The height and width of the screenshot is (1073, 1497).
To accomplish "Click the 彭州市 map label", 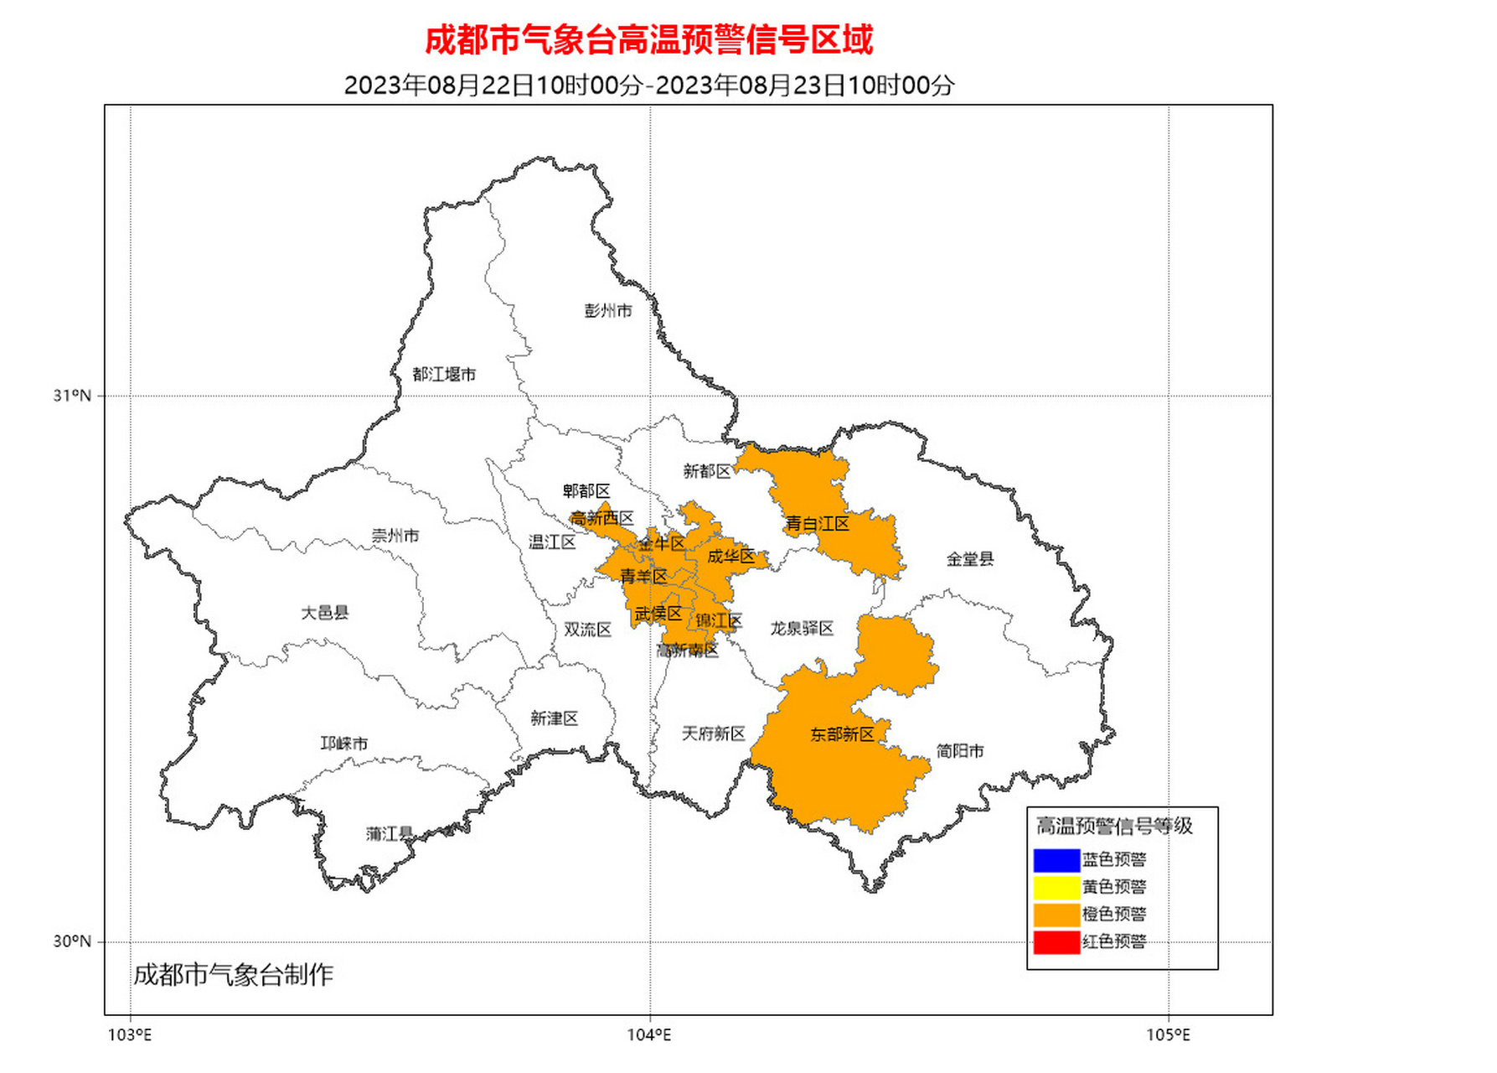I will click(607, 311).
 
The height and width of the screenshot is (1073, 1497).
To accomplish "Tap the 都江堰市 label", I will click(443, 375).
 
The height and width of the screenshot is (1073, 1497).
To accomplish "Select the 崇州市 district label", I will click(395, 536).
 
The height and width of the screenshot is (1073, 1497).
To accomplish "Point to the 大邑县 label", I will click(324, 613).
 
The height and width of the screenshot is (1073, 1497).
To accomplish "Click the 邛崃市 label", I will click(343, 744).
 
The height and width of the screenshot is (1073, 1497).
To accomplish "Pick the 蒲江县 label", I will click(390, 833).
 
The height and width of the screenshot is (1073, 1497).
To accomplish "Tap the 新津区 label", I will click(554, 718).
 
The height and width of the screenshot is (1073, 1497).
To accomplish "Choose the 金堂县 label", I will click(969, 559).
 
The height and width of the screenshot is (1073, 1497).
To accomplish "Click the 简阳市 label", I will click(959, 751).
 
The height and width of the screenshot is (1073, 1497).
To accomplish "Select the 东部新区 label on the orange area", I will click(842, 734).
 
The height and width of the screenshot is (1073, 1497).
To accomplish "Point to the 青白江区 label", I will click(817, 524).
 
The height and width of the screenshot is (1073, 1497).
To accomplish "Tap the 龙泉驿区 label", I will click(802, 629).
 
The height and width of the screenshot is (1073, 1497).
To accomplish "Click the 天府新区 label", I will click(713, 734).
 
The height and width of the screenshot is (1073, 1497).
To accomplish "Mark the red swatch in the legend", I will click(1056, 942).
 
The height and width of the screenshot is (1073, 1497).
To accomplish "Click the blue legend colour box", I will click(1056, 860).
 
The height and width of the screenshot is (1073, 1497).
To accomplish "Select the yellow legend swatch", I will click(1056, 887).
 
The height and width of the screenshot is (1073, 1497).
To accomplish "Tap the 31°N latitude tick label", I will click(71, 396).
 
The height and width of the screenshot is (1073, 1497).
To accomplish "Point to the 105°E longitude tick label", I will click(1168, 1035).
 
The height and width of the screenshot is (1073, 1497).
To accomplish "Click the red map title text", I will click(648, 39).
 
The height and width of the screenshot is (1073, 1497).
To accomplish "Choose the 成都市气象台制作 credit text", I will click(233, 975).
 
